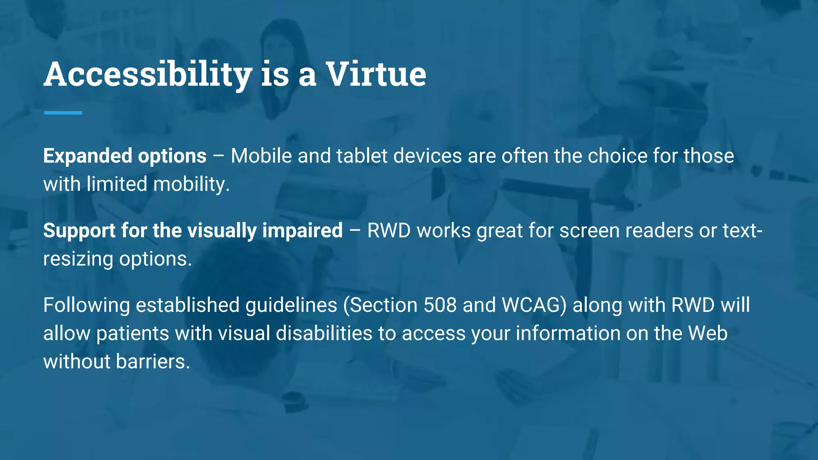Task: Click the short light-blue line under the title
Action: (x=63, y=113)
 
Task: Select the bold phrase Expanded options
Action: (x=125, y=156)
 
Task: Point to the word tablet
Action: (x=361, y=156)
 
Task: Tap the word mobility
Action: (x=191, y=184)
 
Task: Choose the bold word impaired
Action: (x=302, y=231)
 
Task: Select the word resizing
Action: (x=78, y=259)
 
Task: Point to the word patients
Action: (x=133, y=333)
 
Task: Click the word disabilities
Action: (x=324, y=333)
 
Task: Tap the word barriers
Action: (x=153, y=362)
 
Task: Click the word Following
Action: (x=86, y=305)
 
